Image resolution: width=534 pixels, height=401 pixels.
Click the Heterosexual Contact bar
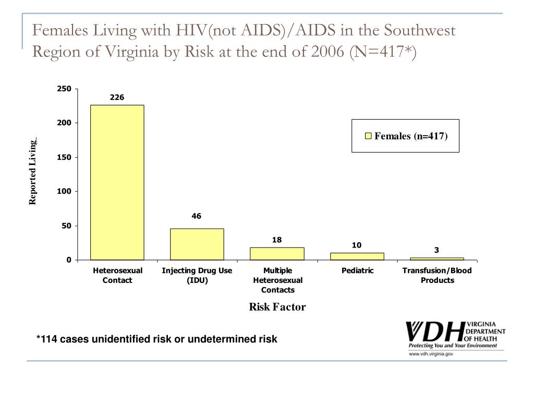pos(117,182)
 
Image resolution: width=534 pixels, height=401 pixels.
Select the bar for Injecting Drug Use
pos(197,244)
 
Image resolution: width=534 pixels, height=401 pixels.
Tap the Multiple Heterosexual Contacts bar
pos(277,254)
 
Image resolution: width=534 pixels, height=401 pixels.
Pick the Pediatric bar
pos(357,256)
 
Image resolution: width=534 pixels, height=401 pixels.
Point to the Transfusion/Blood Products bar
pos(437,258)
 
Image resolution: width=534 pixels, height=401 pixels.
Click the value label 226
pos(117,97)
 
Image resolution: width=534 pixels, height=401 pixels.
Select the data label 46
pos(197,216)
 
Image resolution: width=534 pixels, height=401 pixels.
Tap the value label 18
pos(277,240)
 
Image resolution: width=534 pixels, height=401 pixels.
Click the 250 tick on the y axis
pos(64,89)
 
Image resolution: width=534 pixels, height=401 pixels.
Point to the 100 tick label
pos(64,192)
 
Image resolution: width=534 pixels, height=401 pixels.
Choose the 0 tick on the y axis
pos(68,260)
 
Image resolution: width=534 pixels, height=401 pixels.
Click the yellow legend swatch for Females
pos(368,136)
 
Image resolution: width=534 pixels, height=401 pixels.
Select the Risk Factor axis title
pos(277,307)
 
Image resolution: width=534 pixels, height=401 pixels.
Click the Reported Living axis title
pos(33,172)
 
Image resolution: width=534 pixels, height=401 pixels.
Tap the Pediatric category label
pos(357,270)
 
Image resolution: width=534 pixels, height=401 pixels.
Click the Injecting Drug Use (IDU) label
pos(197,275)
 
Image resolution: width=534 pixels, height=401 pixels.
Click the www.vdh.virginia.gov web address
pos(431,354)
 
